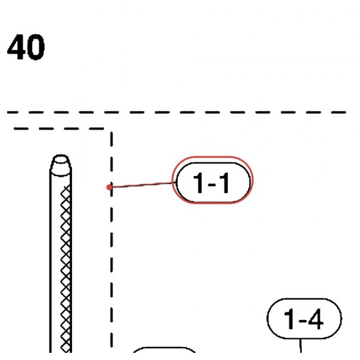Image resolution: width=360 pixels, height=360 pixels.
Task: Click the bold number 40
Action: click(x=26, y=47)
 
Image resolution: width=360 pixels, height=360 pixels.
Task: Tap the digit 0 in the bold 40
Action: click(x=36, y=47)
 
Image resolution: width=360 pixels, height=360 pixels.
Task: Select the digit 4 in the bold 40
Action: click(x=16, y=47)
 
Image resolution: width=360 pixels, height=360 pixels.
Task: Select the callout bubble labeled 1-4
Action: click(x=304, y=319)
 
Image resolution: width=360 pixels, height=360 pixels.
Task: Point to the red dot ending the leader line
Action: click(x=109, y=187)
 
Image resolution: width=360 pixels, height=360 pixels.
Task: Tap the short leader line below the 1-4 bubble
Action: click(x=300, y=346)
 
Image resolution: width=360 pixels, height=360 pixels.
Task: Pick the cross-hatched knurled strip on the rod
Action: click(x=66, y=268)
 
